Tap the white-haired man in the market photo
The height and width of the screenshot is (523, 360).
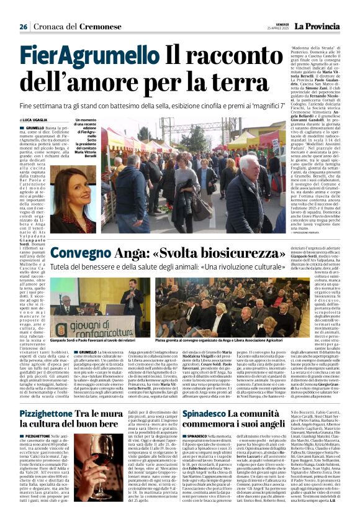[x=241, y=186]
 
